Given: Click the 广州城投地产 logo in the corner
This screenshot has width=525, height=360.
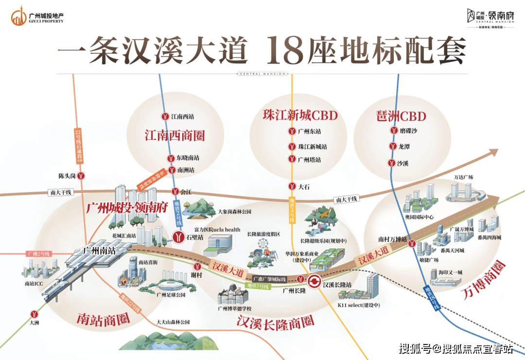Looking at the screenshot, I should (x=37, y=17).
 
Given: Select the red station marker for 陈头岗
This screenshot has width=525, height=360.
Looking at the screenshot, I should (x=83, y=175).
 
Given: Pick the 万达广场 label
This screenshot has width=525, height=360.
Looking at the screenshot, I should (x=463, y=177).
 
